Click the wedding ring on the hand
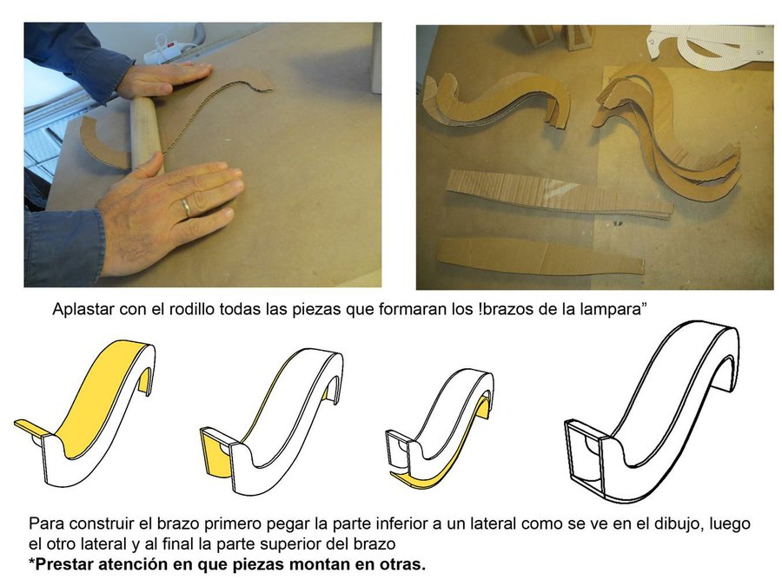coord(186,207)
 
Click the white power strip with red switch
coord(169,49)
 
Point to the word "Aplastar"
coord(83,310)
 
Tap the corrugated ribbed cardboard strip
coord(559,195)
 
